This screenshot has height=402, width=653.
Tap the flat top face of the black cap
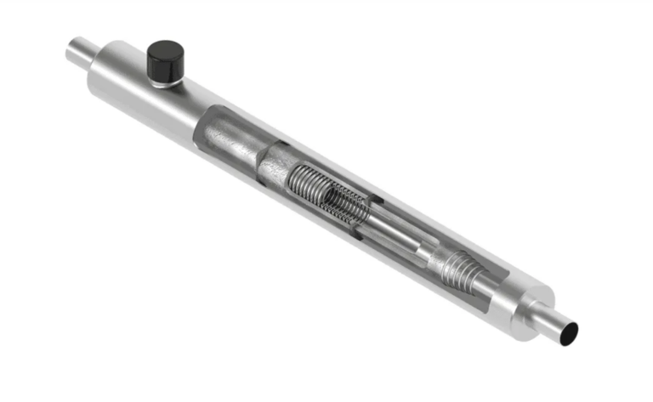pos(165,53)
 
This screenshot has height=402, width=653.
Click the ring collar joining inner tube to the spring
pos(275,165)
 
